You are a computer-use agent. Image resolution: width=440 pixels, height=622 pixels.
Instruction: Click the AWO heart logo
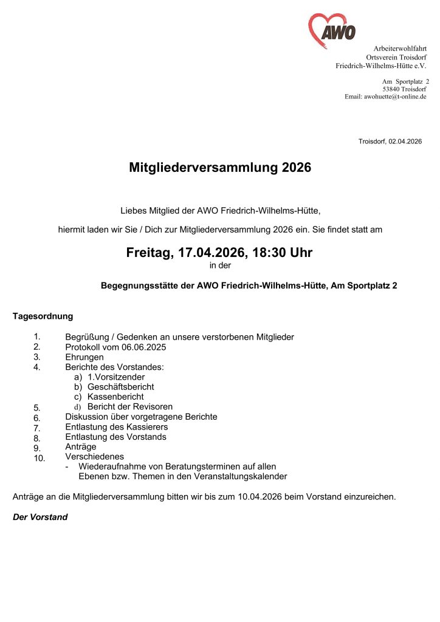[x=332, y=31]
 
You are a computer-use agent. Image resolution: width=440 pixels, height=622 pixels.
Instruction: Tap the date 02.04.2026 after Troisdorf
[x=405, y=142]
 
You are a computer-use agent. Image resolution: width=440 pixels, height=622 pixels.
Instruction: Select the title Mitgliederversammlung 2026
[x=220, y=168]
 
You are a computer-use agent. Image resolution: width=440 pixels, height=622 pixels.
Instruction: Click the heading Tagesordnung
[x=43, y=316]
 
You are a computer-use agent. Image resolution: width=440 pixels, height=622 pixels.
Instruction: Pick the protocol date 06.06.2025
[x=144, y=347]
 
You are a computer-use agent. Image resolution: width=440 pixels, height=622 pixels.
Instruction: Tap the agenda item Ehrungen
[x=84, y=357]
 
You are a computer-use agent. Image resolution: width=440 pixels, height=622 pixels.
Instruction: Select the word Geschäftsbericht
[x=121, y=387]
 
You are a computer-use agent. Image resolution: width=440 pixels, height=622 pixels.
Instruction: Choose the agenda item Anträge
[x=81, y=446]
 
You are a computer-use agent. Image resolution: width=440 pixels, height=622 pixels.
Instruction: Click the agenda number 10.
[x=40, y=459]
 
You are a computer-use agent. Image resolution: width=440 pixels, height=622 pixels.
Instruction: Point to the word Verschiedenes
[x=95, y=456]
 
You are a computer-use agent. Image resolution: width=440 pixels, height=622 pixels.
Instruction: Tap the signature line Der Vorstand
[x=40, y=517]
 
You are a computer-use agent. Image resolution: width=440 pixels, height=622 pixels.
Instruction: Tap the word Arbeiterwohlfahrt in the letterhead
[x=400, y=48]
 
